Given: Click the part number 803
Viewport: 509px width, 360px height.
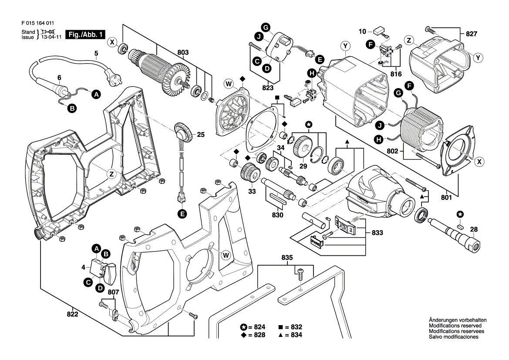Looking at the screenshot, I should [x=183, y=53].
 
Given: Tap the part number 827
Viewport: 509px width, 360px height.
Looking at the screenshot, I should [x=472, y=34].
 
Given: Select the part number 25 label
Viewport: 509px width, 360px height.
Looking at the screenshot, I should [x=200, y=135].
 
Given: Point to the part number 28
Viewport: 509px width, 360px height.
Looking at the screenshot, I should [x=474, y=230].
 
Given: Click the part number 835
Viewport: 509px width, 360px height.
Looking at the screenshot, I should [x=287, y=258].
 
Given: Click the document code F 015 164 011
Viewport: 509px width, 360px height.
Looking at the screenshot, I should [x=37, y=24].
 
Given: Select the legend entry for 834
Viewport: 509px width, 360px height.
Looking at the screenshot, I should [x=290, y=335].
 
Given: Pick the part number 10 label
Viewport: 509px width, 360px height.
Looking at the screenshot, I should [x=362, y=31].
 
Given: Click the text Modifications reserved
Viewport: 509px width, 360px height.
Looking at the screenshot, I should [x=455, y=326].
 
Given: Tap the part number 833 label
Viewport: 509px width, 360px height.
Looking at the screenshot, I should [x=377, y=233].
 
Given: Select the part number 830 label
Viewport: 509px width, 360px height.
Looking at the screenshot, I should [x=277, y=215].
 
